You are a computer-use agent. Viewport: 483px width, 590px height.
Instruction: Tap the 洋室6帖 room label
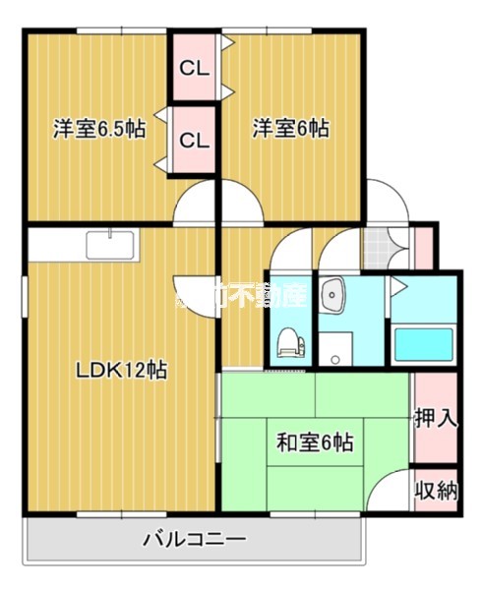[290, 129]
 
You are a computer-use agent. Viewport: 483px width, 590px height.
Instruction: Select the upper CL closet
[194, 69]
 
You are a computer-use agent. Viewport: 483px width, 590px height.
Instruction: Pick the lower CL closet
[194, 140]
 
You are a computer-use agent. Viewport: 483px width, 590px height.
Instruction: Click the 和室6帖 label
[314, 442]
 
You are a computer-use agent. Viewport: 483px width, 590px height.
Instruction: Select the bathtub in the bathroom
[422, 344]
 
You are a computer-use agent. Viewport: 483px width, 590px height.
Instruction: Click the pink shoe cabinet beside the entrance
[422, 247]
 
